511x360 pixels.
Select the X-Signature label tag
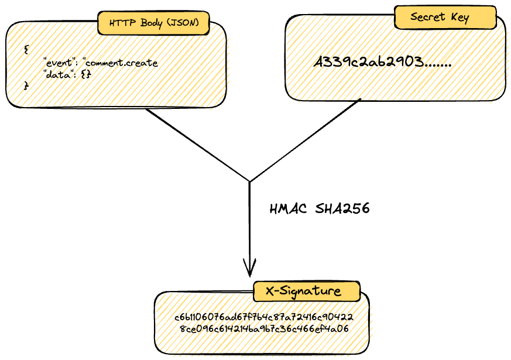[306, 291]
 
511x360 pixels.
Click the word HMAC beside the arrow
[289, 209]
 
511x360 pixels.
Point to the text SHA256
[342, 209]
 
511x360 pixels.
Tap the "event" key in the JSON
[60, 63]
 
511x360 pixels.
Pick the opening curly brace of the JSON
[26, 50]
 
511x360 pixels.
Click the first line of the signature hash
[263, 317]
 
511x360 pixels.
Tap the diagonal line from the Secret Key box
[304, 140]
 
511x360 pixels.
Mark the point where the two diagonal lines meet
[250, 181]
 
